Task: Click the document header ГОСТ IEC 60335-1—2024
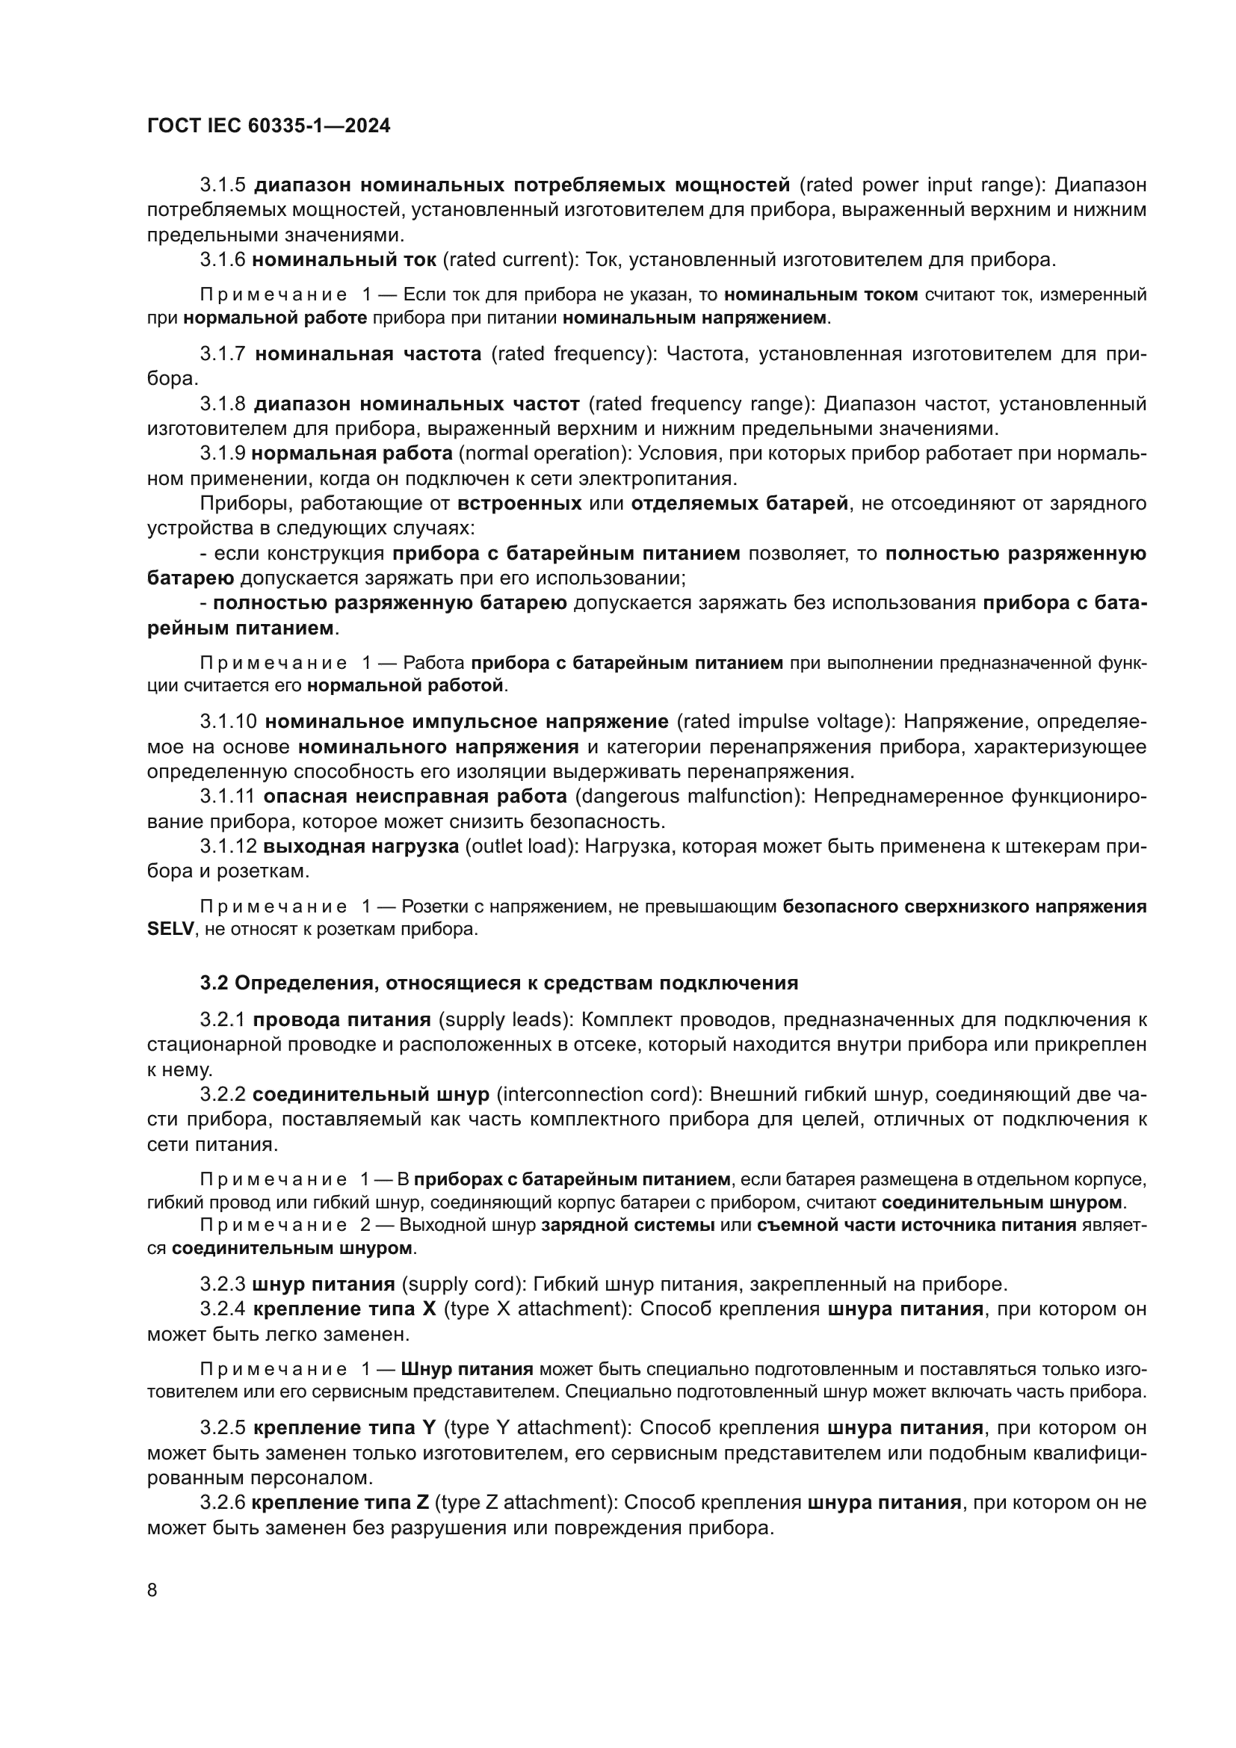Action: coord(269,126)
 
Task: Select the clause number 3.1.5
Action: coord(223,185)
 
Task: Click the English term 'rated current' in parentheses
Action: coord(510,259)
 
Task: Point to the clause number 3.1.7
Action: coord(223,354)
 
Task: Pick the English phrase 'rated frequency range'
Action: coord(698,404)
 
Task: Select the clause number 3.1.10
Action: coord(229,721)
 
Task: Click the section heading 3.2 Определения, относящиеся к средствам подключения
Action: coord(499,983)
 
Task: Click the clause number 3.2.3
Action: coord(223,1285)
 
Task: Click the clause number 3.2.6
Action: coord(222,1503)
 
